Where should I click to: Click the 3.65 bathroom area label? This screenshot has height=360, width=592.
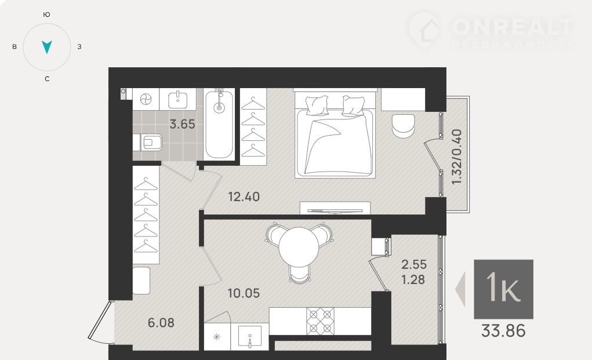(x=183, y=124)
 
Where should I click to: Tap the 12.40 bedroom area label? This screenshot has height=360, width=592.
(x=244, y=197)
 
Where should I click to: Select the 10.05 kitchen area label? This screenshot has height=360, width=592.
(x=244, y=293)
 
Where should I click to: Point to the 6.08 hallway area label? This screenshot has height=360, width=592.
(x=161, y=323)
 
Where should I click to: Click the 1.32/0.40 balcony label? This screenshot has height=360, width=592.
(x=457, y=157)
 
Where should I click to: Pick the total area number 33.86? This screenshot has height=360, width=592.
(x=503, y=331)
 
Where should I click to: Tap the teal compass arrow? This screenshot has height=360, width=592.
(x=47, y=47)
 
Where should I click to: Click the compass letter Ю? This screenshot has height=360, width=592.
(x=47, y=14)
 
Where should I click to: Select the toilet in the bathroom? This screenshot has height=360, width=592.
(x=148, y=142)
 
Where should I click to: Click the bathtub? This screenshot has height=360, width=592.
(x=219, y=124)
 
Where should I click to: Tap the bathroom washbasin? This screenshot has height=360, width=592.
(x=178, y=99)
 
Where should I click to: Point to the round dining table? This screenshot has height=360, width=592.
(x=299, y=247)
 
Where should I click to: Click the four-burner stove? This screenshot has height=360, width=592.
(x=320, y=322)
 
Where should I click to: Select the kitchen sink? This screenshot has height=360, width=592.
(x=249, y=336)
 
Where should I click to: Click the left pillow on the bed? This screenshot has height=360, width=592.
(x=317, y=105)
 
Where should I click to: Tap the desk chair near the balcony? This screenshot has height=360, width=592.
(x=403, y=126)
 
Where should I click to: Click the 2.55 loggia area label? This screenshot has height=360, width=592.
(x=414, y=264)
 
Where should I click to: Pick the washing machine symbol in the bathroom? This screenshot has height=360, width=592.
(x=146, y=99)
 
